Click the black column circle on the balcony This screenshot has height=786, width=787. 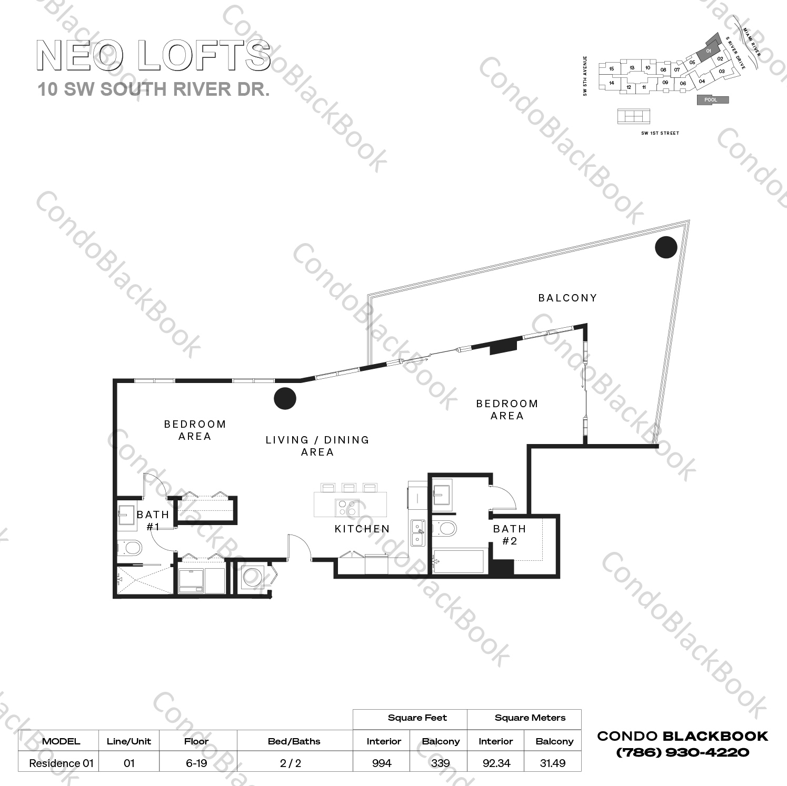pos(666,247)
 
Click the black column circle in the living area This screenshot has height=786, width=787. pos(285,398)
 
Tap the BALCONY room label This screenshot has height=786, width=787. pos(567,298)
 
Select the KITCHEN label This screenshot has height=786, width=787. pos(362,529)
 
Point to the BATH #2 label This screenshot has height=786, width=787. pos(509,535)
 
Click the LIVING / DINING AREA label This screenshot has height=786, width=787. pos(317,446)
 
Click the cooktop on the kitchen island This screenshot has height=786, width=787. pos(347,508)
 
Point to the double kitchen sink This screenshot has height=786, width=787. pos(418,533)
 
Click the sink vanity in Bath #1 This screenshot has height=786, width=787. pos(127,515)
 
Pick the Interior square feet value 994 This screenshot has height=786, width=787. pos(382,763)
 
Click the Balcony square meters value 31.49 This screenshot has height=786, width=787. pos(553,763)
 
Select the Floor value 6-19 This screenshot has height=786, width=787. pos(196,763)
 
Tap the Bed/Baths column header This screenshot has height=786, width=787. pos(294,741)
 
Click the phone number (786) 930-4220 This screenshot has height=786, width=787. pos(682,752)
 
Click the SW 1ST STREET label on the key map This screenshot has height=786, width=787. pos(660,133)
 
